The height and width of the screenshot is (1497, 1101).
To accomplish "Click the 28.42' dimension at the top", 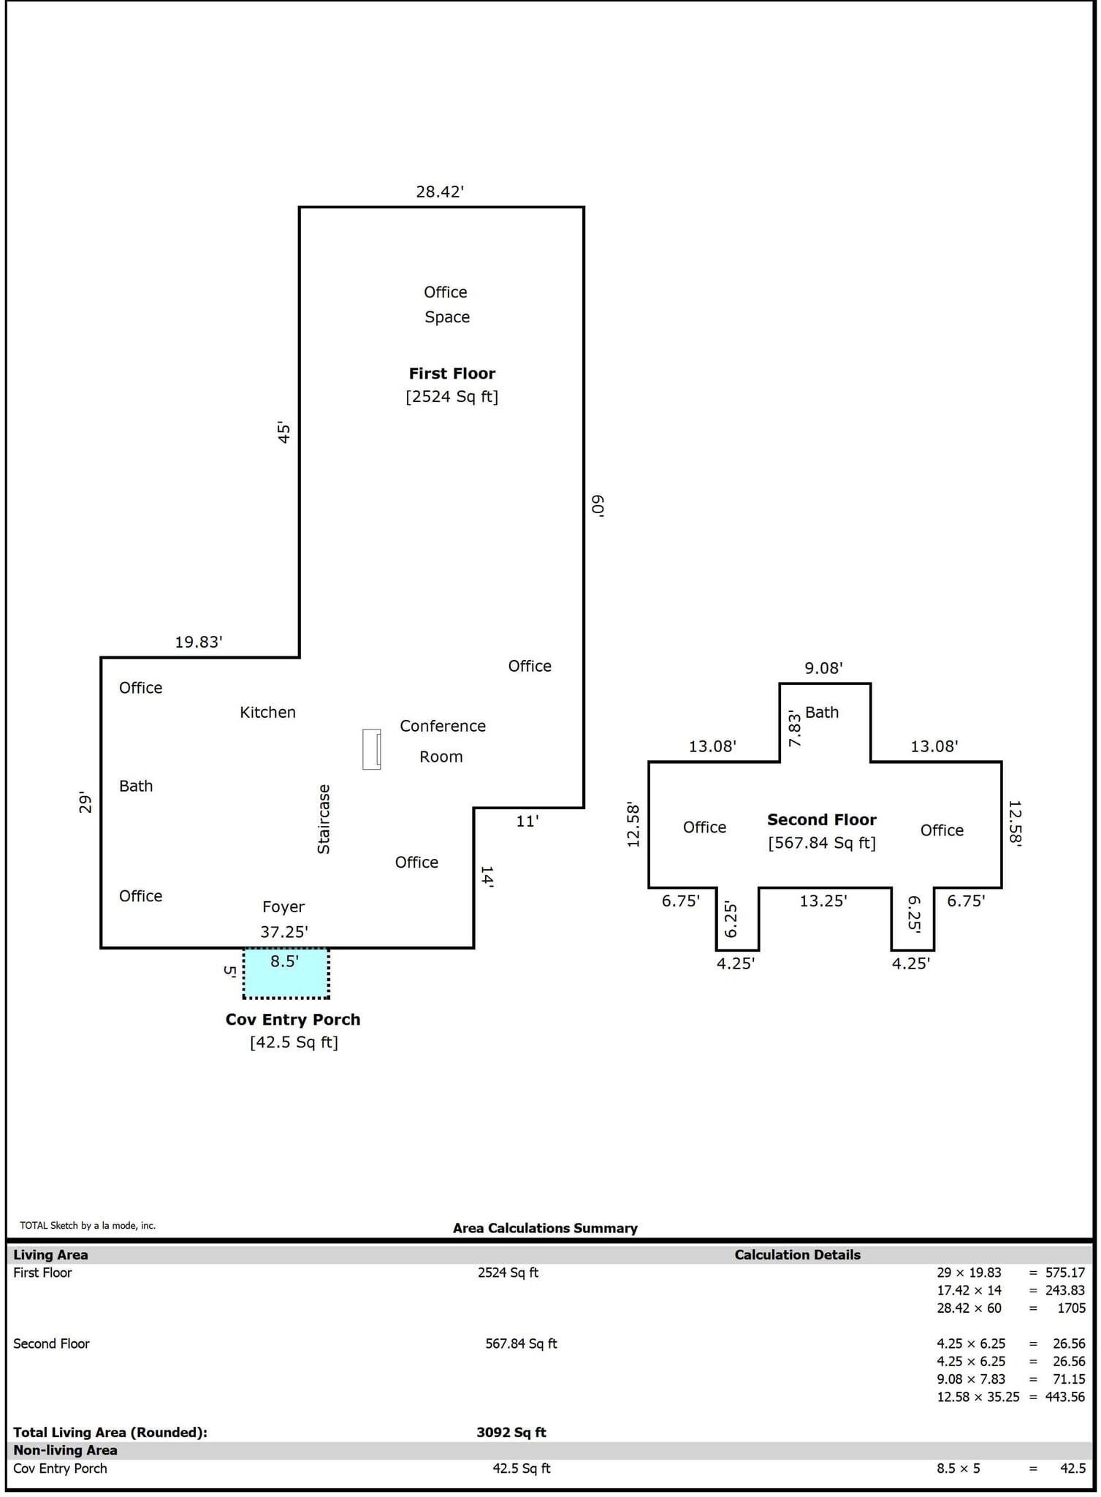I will (440, 192).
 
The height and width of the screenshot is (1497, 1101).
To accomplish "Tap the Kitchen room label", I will (267, 712).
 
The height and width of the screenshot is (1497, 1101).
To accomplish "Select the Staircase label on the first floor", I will (324, 819).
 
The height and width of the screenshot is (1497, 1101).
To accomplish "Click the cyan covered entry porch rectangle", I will (286, 979).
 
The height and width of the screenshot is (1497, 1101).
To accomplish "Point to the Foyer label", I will (283, 906).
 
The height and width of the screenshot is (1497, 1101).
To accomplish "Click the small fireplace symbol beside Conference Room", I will (371, 748).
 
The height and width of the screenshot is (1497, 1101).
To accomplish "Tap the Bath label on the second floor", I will (822, 712).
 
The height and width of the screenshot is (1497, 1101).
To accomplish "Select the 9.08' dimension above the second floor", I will (823, 667).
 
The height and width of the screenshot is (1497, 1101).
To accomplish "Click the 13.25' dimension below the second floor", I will (823, 901).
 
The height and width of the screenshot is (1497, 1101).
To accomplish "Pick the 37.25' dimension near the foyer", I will (284, 931).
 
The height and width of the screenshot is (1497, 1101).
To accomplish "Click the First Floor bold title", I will (452, 373).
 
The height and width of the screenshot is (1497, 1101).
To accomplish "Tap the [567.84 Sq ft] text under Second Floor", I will (821, 843).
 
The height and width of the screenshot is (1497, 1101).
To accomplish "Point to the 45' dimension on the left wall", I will (284, 432).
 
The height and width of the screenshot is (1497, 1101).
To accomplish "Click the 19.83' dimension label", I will (198, 642).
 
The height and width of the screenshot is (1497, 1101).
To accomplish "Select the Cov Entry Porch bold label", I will (292, 1019).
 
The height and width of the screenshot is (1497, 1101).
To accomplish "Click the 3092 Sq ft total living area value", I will (511, 1432).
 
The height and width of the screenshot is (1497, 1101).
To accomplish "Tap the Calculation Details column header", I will (797, 1254).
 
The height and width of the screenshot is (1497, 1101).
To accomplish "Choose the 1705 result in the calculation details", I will (1071, 1308).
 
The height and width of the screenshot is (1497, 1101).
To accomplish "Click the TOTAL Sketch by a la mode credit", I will (88, 1225).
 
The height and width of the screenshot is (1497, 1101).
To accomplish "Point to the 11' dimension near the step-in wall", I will (527, 821).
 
